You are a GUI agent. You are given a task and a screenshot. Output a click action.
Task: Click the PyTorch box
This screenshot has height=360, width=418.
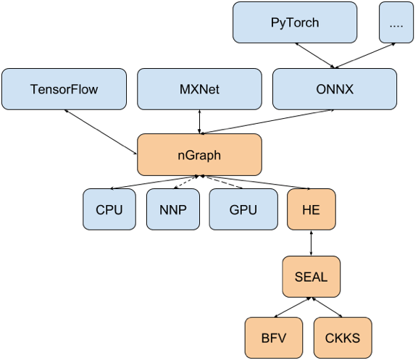tap(295, 22)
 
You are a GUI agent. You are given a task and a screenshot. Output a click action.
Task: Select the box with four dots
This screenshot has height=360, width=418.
tap(396, 22)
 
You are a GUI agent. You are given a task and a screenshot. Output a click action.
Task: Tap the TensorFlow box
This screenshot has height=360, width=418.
tap(64, 90)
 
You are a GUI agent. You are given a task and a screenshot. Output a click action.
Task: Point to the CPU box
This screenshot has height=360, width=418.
tap(109, 209)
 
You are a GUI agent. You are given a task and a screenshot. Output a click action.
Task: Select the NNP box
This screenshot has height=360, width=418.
tap(172, 209)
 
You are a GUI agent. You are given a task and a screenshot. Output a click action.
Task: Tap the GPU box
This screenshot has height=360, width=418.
tap(243, 209)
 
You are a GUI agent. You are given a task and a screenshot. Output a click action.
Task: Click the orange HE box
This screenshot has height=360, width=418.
tap(310, 209)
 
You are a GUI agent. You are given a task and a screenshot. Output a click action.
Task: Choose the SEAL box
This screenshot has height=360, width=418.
tap(310, 275)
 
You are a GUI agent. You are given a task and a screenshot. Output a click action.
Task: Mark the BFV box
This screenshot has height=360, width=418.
tap(275, 338)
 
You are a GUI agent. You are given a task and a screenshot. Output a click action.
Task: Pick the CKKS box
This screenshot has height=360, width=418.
tap(343, 338)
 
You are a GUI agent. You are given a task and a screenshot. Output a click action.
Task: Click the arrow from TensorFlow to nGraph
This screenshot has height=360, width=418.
tap(101, 130)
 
